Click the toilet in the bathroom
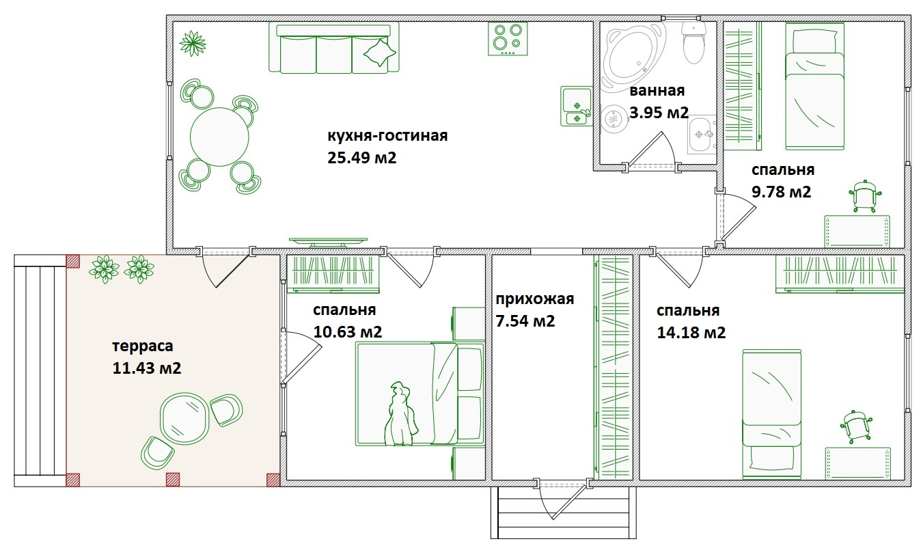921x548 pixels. click(x=694, y=43)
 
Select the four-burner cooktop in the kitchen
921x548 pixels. click(x=508, y=39)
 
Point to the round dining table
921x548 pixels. click(x=219, y=137)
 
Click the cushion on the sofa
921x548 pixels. click(x=379, y=52)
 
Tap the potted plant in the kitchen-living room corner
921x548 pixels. click(x=193, y=43)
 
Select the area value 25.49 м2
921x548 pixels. click(x=362, y=158)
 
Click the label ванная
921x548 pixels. click(x=657, y=90)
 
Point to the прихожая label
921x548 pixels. click(x=534, y=299)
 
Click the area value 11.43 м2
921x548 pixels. click(x=147, y=368)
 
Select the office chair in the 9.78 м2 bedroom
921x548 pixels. click(x=865, y=196)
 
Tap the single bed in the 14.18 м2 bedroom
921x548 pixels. click(x=772, y=414)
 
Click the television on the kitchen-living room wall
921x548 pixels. click(x=328, y=242)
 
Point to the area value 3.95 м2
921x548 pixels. click(x=659, y=112)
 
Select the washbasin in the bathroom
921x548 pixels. click(x=702, y=135)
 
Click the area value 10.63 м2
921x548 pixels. click(x=348, y=332)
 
